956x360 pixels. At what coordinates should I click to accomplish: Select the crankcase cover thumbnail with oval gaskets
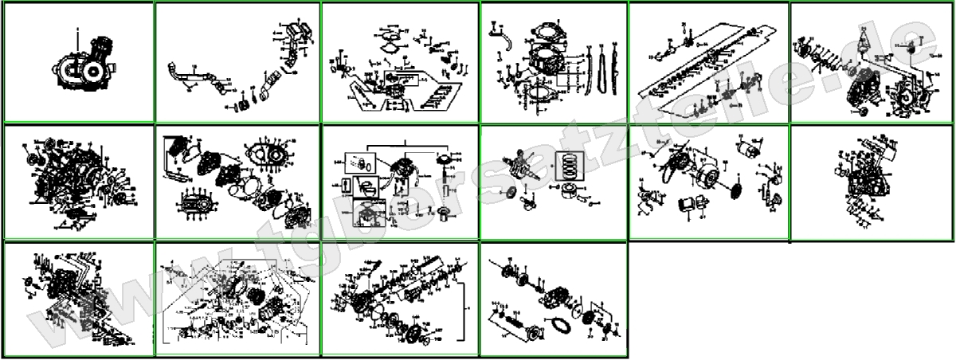pos(237,182)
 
